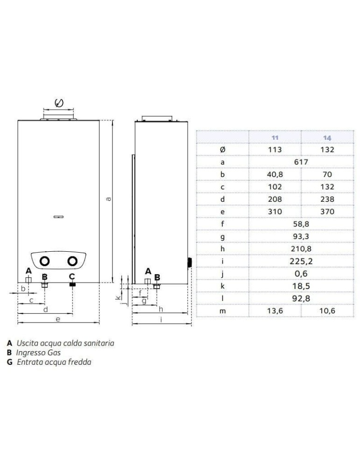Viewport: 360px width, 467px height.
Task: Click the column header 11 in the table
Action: (x=275, y=138)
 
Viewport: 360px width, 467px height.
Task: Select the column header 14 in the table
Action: (x=327, y=138)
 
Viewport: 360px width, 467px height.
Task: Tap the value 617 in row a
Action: (x=301, y=162)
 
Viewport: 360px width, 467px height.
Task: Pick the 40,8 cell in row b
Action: (x=275, y=174)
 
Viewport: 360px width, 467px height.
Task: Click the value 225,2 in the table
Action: (x=301, y=261)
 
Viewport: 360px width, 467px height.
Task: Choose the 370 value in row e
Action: (x=327, y=212)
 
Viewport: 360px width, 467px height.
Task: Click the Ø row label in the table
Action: (x=222, y=149)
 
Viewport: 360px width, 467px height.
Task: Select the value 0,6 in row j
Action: (x=301, y=273)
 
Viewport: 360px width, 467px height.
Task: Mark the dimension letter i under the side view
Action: (x=162, y=320)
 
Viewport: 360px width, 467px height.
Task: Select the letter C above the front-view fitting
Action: (x=72, y=276)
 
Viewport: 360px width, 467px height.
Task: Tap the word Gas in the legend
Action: (x=54, y=353)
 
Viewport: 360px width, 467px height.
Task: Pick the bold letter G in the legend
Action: (x=10, y=362)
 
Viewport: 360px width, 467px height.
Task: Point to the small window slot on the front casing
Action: (x=58, y=217)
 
